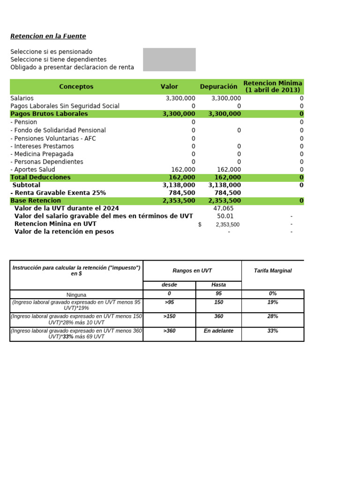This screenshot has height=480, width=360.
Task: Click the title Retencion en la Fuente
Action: coord(48,36)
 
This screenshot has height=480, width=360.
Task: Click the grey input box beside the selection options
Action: coord(169,60)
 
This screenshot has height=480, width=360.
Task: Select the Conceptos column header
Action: coord(76,87)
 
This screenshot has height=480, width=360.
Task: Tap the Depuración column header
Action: coord(218,87)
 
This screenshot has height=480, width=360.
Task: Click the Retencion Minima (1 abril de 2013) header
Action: coord(273,87)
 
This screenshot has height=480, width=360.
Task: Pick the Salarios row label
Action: coord(22,98)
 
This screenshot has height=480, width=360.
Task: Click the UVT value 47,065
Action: coord(223,209)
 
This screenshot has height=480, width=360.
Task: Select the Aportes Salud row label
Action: coord(33,170)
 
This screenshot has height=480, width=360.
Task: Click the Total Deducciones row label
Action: coord(41,177)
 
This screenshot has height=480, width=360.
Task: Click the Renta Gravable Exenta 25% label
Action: coord(59,193)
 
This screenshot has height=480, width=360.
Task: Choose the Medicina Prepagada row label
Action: coord(42,154)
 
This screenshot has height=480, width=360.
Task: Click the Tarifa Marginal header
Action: coord(272,271)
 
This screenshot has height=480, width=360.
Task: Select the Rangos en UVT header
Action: coord(192,271)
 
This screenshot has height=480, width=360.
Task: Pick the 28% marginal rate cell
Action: coord(272,316)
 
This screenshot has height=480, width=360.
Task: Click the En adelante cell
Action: coord(218,331)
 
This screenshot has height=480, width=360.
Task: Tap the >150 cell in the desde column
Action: coord(169,316)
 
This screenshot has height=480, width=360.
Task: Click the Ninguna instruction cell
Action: coord(76,295)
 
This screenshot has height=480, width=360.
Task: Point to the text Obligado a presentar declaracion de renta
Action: coord(72,67)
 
